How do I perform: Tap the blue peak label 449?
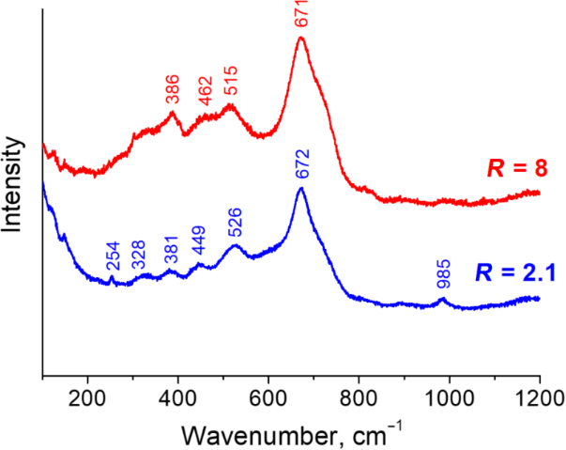click(x=198, y=247)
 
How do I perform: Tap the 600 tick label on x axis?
click(x=268, y=395)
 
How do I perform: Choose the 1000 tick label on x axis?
click(x=449, y=395)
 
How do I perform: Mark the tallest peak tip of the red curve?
click(x=301, y=39)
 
